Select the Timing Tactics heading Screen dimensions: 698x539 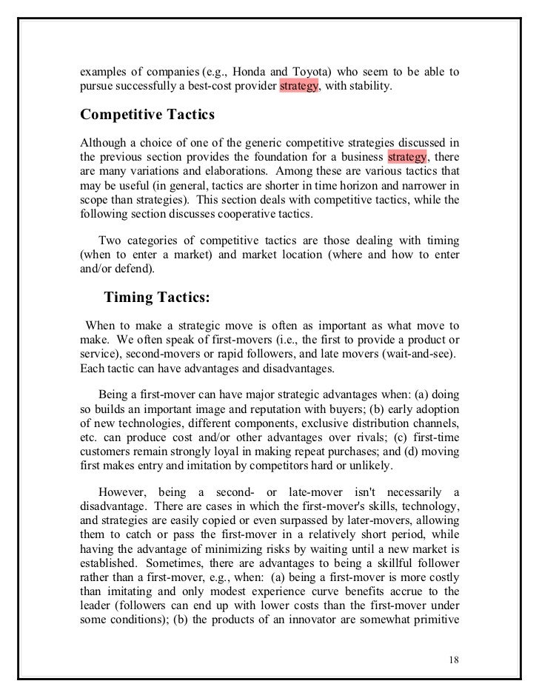click(x=157, y=297)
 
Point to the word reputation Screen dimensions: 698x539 click(x=270, y=409)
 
